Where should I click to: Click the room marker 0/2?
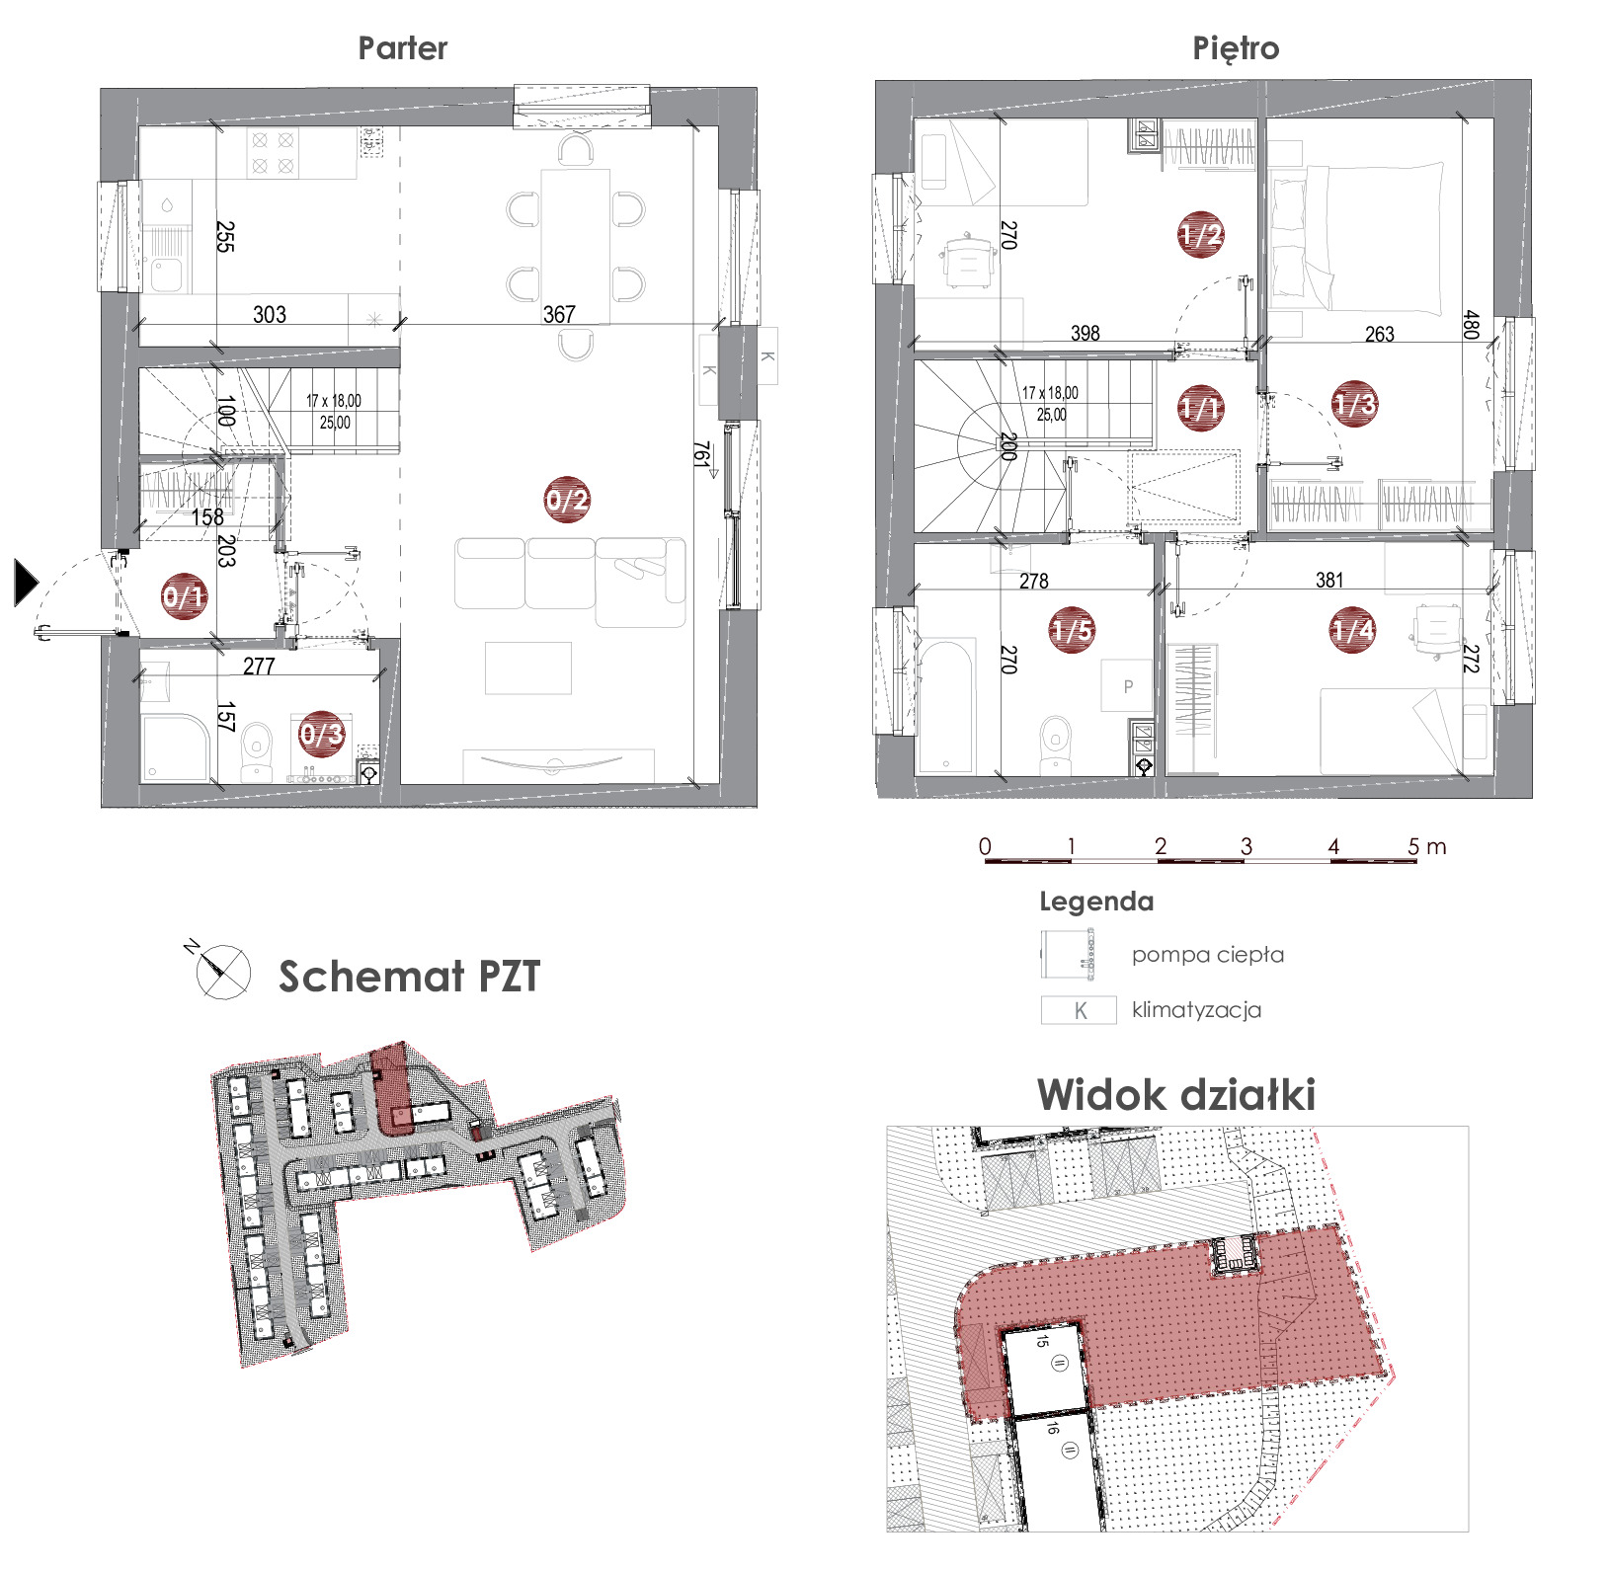[567, 500]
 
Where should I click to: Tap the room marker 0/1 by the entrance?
[185, 595]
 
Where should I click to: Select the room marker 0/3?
[322, 734]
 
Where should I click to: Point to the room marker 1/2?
[1201, 235]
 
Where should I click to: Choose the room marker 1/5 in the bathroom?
[1072, 630]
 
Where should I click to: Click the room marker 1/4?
[1353, 630]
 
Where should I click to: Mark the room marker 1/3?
[1354, 403]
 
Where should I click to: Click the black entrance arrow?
[26, 582]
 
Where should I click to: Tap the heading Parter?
[403, 48]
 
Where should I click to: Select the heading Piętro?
[1236, 49]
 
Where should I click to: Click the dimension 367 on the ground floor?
[559, 314]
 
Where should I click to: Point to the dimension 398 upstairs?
[1086, 334]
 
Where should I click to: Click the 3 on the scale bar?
[1247, 846]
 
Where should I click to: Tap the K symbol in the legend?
[1079, 1010]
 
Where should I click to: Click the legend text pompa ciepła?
[1208, 955]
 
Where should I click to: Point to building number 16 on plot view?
[1052, 1427]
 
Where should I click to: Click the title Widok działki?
[1176, 1095]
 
